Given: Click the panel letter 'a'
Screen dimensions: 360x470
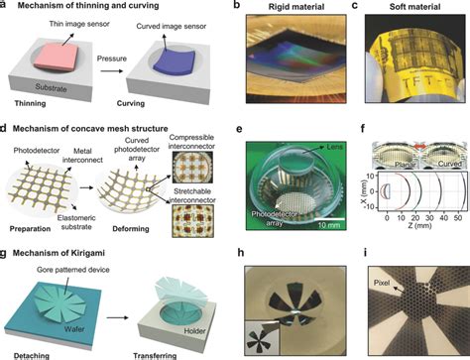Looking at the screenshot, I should [7, 6].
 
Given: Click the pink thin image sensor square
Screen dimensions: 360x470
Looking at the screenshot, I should [53, 75].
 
